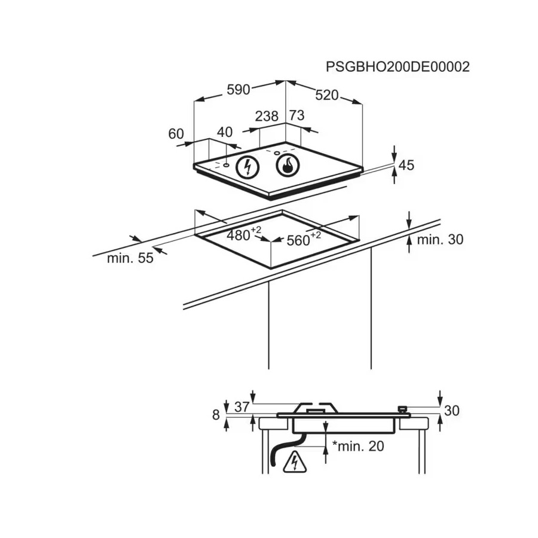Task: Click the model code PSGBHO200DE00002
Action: pyautogui.click(x=398, y=67)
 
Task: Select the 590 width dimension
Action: pyautogui.click(x=238, y=90)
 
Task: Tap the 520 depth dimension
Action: pyautogui.click(x=327, y=96)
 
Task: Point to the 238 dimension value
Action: pyautogui.click(x=267, y=117)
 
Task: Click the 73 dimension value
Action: pyautogui.click(x=296, y=115)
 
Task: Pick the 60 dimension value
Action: pyautogui.click(x=176, y=134)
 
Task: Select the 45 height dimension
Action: pyautogui.click(x=406, y=166)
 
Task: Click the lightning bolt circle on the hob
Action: pyautogui.click(x=247, y=167)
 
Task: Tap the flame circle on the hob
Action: pyautogui.click(x=288, y=166)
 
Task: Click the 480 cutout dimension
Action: pyautogui.click(x=244, y=234)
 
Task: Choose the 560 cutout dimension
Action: pyautogui.click(x=304, y=239)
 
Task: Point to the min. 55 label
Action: pyautogui.click(x=130, y=258)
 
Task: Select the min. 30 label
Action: pyautogui.click(x=440, y=240)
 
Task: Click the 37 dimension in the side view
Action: pyautogui.click(x=242, y=407)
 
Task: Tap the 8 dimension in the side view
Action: pyautogui.click(x=215, y=415)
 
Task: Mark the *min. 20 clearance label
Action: pyautogui.click(x=358, y=446)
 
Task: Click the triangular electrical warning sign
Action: pyautogui.click(x=295, y=463)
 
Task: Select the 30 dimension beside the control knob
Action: pyautogui.click(x=451, y=410)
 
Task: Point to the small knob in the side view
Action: pyautogui.click(x=402, y=409)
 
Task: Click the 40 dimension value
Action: pyautogui.click(x=225, y=132)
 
